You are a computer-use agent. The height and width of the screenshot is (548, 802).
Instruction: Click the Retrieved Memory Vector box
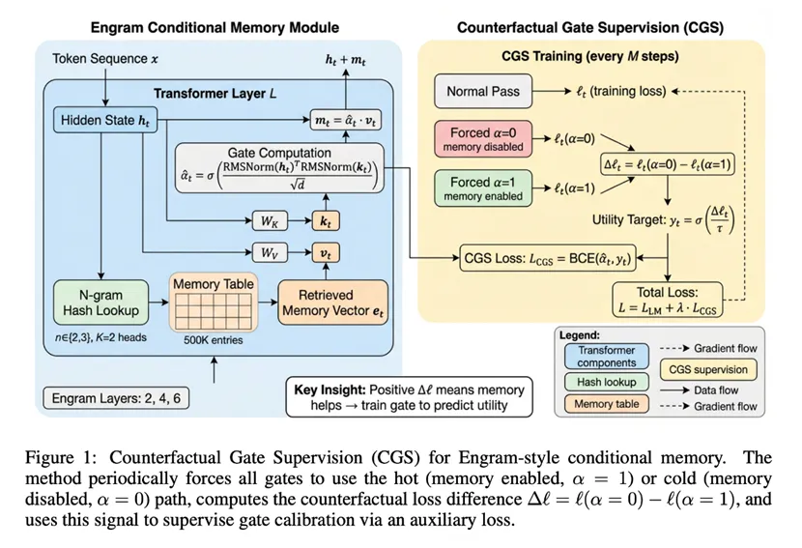coord(332,303)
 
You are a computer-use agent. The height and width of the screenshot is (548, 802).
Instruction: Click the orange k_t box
coord(325,221)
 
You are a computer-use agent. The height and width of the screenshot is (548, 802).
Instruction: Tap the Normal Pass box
coord(483,92)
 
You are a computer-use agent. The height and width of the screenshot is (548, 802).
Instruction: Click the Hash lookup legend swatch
coord(608,383)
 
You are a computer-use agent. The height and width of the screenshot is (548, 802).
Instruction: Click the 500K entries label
coord(213,340)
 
